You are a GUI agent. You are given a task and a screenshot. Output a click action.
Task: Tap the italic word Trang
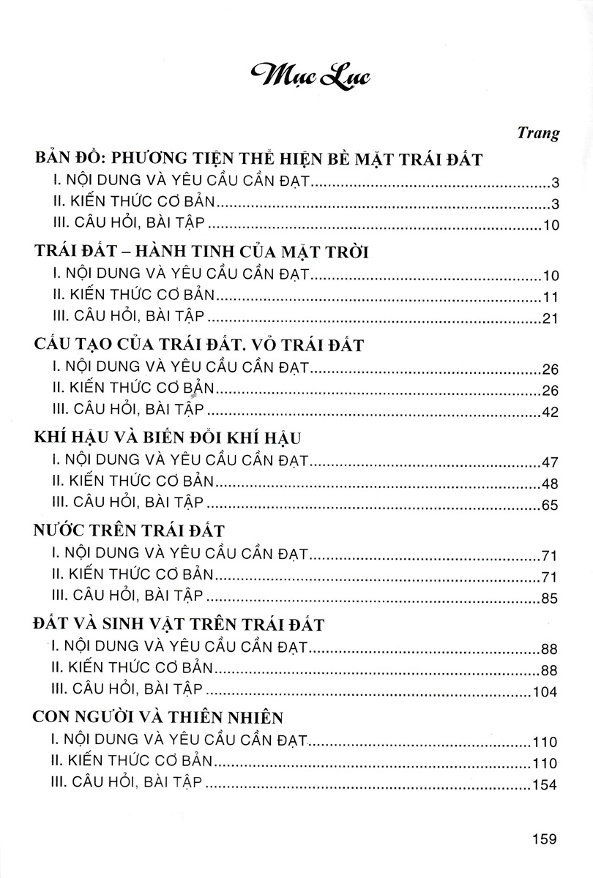538,133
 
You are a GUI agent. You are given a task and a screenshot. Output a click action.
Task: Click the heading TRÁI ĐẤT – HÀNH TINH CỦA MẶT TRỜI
201,253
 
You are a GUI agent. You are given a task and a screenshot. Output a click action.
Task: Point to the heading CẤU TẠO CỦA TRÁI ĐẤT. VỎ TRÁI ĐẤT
198,345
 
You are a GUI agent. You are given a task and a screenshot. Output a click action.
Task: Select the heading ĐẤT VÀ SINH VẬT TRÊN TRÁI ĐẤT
179,623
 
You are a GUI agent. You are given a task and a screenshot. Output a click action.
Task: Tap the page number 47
550,462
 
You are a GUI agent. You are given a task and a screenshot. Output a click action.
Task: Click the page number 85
549,598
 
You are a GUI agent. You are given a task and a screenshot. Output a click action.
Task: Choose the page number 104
545,691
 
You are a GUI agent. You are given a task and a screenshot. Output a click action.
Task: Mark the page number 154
545,784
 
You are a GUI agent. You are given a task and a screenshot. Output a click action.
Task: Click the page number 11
552,297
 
